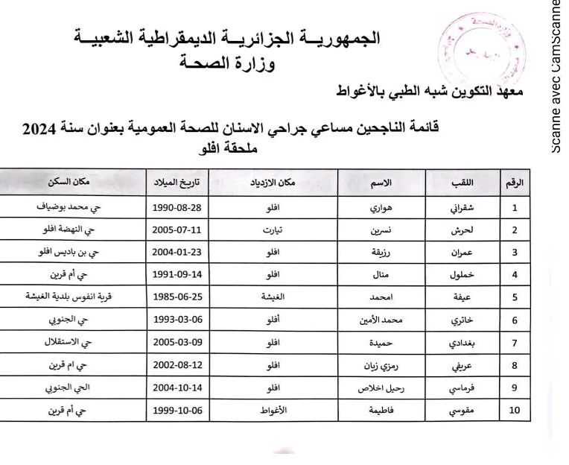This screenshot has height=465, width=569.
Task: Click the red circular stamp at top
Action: pyautogui.click(x=481, y=48)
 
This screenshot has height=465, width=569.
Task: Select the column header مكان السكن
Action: pyautogui.click(x=73, y=183)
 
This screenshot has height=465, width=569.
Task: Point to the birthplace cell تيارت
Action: pyautogui.click(x=273, y=230)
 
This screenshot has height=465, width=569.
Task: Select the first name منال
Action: pyautogui.click(x=381, y=275)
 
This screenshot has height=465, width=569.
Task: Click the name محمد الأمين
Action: pyautogui.click(x=381, y=320)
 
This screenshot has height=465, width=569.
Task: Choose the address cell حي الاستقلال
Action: pyautogui.click(x=73, y=343)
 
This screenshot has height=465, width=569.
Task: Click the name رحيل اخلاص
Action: pyautogui.click(x=381, y=387)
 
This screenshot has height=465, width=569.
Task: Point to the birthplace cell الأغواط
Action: pyautogui.click(x=273, y=411)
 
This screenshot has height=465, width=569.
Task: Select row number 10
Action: pyautogui.click(x=514, y=411)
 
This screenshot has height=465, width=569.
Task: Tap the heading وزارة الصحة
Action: pyautogui.click(x=227, y=63)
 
